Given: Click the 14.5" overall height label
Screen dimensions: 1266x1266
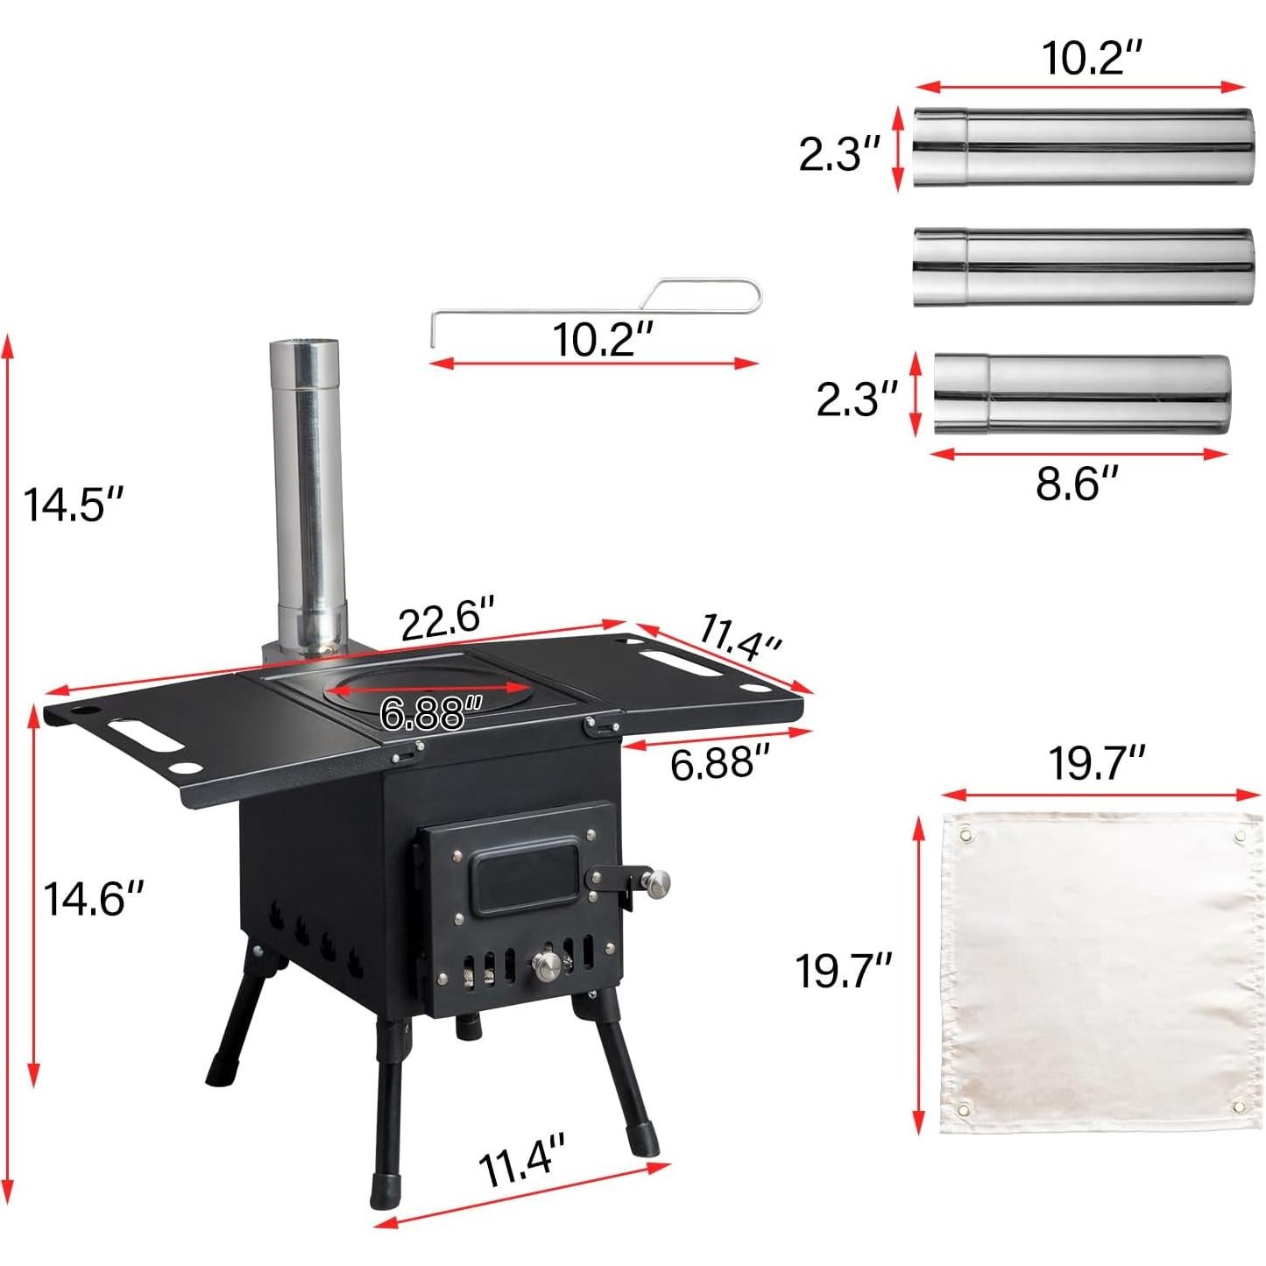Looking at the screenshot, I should coord(74,506).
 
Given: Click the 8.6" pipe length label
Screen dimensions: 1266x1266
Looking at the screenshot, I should coord(1077,483).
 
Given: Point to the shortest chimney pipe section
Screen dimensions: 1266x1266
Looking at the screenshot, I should coord(1081,394).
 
